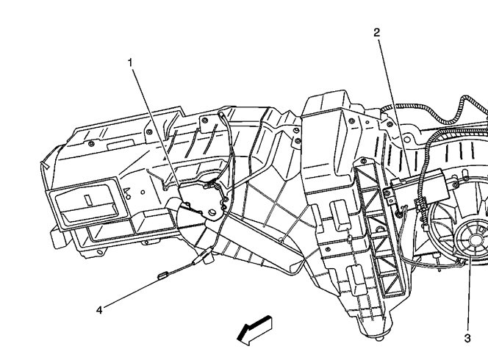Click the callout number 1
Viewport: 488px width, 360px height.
(130, 63)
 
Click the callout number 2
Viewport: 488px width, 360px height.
(376, 32)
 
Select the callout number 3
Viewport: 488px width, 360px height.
(467, 338)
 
